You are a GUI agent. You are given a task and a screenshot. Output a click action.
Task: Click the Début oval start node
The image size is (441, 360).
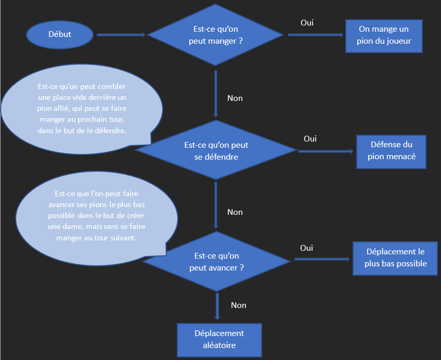point(60,35)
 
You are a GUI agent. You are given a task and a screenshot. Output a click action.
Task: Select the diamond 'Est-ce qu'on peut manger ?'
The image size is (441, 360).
point(216,35)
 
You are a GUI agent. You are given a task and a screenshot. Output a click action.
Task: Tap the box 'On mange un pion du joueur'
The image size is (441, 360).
point(384,36)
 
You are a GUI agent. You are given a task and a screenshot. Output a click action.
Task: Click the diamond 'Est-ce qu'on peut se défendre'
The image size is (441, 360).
point(216,150)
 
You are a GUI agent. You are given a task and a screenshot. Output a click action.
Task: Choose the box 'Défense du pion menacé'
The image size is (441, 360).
point(391,151)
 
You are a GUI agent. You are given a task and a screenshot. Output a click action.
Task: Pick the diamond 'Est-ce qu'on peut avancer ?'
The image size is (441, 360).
point(218,262)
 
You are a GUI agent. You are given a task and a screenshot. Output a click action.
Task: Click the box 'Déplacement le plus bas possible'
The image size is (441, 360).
point(395,259)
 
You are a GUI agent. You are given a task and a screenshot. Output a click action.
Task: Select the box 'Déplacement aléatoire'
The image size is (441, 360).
point(219,339)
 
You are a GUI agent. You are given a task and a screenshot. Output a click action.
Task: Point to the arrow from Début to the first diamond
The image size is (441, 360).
point(121,35)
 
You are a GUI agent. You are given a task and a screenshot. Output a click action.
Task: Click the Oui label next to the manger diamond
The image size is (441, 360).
point(307,23)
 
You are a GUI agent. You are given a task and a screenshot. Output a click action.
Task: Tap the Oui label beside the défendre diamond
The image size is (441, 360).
point(310,139)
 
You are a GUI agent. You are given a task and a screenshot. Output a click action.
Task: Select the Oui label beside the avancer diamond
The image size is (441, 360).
point(306,248)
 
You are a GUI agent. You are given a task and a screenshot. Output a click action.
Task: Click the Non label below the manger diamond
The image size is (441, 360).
point(235,98)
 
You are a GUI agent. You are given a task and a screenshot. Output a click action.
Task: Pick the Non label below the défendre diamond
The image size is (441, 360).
point(235,212)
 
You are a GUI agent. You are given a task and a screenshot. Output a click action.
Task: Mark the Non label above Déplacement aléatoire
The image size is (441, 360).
point(238,305)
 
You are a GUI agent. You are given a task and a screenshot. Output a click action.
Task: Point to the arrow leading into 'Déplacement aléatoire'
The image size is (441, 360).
point(217,307)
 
